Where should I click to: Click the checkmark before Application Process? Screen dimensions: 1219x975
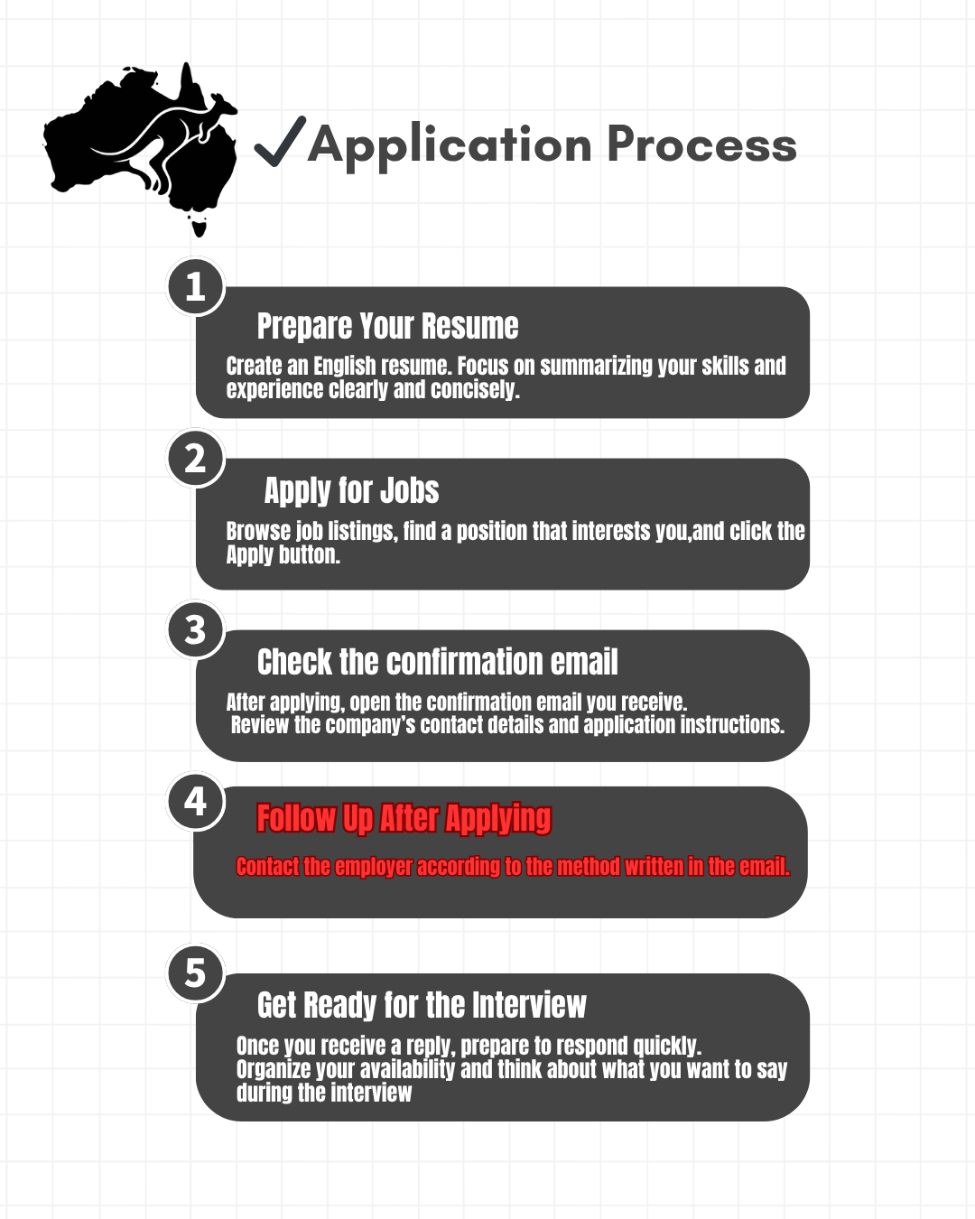279,143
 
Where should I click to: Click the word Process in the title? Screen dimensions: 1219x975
701,144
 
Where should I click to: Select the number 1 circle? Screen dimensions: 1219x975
195,287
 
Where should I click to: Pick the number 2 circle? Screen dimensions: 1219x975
195,459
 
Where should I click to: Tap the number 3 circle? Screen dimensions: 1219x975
195,630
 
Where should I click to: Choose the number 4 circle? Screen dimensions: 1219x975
195,802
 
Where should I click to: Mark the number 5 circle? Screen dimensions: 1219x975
195,973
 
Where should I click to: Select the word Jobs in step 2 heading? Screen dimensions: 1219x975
409,490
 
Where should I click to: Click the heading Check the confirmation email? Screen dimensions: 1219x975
437,662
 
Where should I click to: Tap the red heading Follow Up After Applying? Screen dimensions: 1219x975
404,818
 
